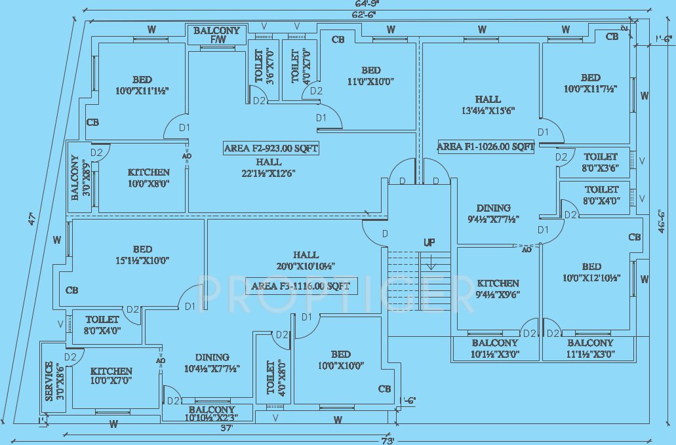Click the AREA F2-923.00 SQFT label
271,149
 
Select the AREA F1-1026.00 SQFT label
486,147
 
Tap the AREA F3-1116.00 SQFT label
301,286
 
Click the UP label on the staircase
429,242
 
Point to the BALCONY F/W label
216,35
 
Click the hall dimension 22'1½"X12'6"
269,173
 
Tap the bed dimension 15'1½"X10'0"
142,260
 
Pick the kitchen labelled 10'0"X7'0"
111,376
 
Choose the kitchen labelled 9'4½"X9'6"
498,288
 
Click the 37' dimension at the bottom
228,428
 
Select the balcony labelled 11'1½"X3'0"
590,349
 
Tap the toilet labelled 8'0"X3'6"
601,162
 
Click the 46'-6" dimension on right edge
662,221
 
